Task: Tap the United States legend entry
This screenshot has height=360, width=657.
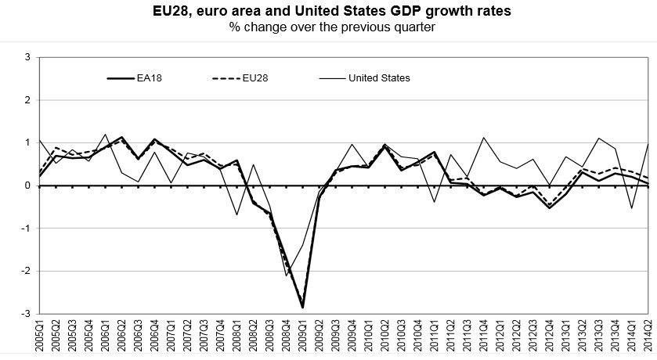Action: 379,77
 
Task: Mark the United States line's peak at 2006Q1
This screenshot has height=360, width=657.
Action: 106,135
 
